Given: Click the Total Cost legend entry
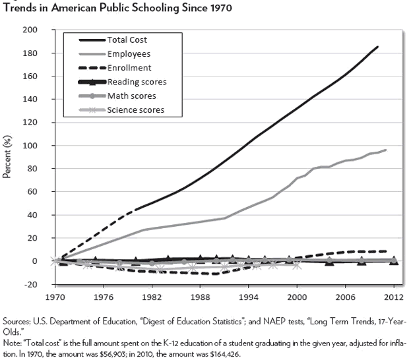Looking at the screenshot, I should (127, 40).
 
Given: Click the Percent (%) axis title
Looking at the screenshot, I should (9, 156).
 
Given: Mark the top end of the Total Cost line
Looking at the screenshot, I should (378, 47).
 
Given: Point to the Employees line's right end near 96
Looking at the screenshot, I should (385, 150).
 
